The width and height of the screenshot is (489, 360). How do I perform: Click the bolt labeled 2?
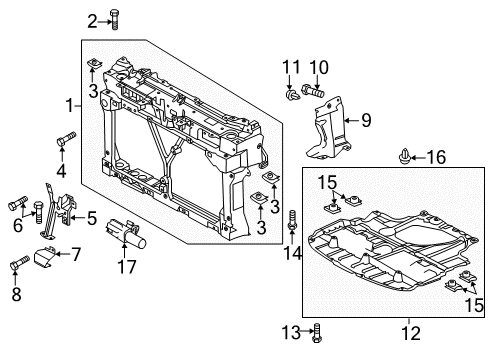[115, 19]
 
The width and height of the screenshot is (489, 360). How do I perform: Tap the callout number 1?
[69, 106]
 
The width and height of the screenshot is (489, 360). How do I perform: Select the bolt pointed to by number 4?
[66, 139]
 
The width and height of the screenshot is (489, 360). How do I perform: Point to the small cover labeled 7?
[44, 257]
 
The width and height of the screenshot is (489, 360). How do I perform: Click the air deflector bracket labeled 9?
[328, 129]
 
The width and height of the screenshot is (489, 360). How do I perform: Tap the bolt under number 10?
[313, 90]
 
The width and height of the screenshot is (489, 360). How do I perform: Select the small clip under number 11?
[292, 95]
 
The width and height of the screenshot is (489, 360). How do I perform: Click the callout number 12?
[411, 333]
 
